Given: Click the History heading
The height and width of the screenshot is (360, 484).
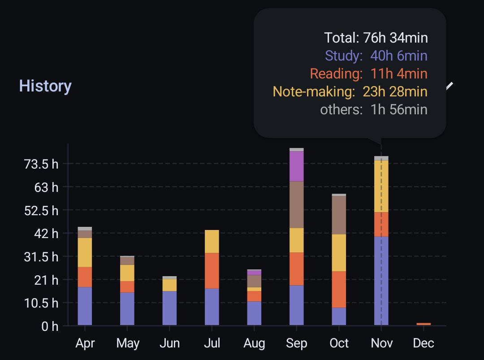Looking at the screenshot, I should [x=45, y=86].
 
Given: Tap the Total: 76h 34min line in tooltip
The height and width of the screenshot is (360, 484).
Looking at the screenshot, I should [x=376, y=38].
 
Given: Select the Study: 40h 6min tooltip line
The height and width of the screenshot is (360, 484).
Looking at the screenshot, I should [x=376, y=56].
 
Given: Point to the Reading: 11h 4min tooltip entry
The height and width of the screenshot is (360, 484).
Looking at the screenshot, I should [x=368, y=74].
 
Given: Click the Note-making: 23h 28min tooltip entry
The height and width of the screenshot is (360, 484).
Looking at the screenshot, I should [x=350, y=91].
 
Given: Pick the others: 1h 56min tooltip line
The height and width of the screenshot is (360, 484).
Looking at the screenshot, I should [x=374, y=109].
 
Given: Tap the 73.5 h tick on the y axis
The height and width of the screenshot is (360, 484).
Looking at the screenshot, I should [x=41, y=164].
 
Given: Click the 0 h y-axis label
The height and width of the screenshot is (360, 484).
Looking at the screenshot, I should [x=49, y=326].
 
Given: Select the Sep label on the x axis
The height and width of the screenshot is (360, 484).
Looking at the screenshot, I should [x=297, y=343].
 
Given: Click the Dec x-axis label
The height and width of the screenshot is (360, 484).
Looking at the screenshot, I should [x=423, y=343].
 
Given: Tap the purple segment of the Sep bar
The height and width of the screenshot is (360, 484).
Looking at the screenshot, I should [x=297, y=166].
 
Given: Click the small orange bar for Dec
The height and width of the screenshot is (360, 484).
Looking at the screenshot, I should [x=423, y=324].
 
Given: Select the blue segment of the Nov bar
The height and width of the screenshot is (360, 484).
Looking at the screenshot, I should [x=381, y=280].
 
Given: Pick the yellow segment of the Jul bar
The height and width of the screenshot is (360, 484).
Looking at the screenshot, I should [x=212, y=241].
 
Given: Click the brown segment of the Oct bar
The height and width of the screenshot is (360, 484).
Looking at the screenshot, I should [x=339, y=215].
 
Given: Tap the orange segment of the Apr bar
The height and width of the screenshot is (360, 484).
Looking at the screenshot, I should [x=85, y=277].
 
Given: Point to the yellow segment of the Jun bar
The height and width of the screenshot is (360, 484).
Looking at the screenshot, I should [x=169, y=285].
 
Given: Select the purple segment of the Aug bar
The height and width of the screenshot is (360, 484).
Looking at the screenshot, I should [x=254, y=272].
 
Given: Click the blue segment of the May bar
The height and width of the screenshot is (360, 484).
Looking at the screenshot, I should [x=127, y=308].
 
